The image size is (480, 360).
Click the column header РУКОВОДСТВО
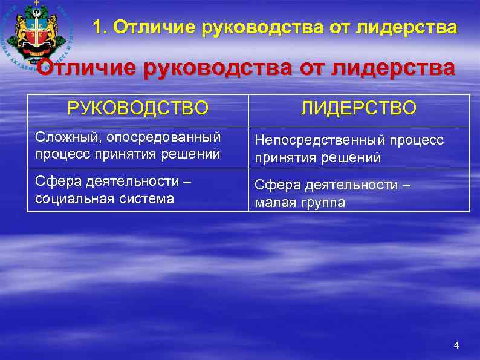coord(138,108)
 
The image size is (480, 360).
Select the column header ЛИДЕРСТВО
coord(359,108)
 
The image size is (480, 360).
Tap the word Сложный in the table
coord(61,137)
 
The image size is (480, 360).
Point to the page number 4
coord(456,345)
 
